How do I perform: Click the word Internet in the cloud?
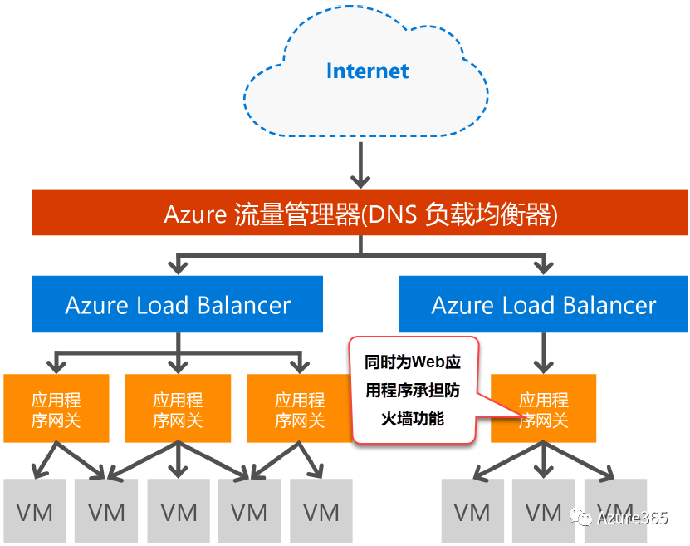(x=367, y=71)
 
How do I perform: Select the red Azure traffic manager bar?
(x=360, y=214)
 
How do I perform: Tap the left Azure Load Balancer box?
(x=178, y=304)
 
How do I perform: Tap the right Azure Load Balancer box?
(x=544, y=304)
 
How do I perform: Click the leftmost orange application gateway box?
(x=56, y=408)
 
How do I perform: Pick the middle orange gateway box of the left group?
(x=178, y=408)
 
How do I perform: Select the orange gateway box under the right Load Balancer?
(x=544, y=408)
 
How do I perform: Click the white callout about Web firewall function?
(x=414, y=390)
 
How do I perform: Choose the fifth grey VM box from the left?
(x=321, y=511)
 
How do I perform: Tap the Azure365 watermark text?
(x=632, y=518)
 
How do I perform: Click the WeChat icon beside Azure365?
(x=585, y=518)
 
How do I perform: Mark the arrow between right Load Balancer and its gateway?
(x=544, y=352)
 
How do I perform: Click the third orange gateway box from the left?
(x=299, y=408)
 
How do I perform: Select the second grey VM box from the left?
(x=106, y=511)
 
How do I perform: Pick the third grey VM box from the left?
(x=178, y=511)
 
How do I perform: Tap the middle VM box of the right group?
(x=544, y=511)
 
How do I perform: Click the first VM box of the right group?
(x=472, y=511)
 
